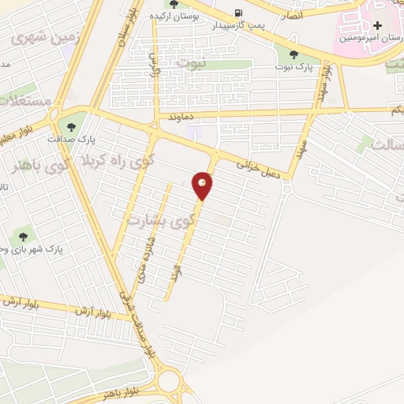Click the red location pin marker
click(x=203, y=185)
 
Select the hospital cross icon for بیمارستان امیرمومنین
click(x=378, y=26)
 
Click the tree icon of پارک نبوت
click(x=294, y=54)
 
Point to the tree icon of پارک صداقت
click(x=73, y=125)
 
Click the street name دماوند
click(x=181, y=116)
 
